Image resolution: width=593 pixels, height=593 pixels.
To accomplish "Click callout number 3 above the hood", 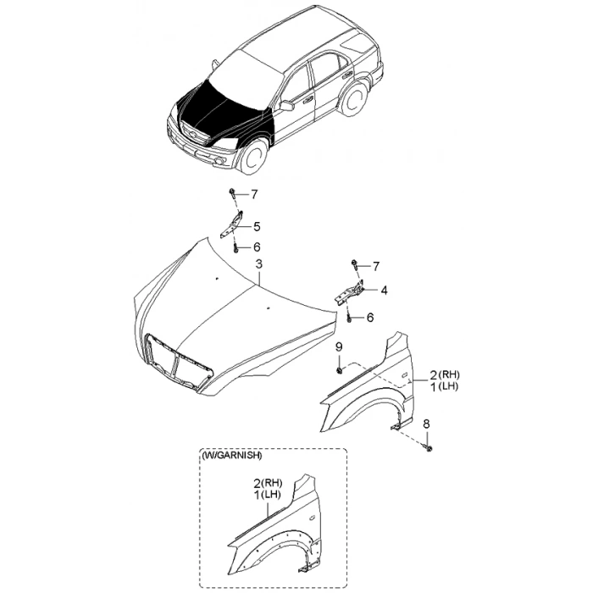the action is [258, 264].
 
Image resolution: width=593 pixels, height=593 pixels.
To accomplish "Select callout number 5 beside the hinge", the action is [257, 227].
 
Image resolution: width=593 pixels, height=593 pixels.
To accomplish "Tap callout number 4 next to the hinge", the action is [384, 291].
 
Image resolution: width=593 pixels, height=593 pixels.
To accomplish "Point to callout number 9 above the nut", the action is [339, 346].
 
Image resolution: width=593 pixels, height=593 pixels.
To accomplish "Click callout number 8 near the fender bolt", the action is [426, 424].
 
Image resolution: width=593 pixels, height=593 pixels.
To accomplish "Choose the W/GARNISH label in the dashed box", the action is [232, 456].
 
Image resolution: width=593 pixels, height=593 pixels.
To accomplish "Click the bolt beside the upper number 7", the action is [232, 196].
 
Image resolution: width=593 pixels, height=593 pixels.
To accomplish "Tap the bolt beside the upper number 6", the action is [236, 248].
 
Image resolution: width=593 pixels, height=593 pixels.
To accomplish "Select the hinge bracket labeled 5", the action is [232, 224].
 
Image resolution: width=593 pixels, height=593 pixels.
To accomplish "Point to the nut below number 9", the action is [339, 371].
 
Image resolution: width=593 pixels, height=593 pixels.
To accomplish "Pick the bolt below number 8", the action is [429, 448].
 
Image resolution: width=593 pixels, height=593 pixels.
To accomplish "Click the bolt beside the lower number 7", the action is [355, 264].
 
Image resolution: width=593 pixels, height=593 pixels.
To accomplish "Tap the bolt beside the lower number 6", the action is [349, 318].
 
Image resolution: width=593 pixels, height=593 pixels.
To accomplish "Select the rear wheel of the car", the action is [355, 100].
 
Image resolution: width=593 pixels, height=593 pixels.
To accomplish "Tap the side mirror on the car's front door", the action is [286, 106].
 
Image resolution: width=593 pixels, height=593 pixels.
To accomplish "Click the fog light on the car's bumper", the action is [219, 162].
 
